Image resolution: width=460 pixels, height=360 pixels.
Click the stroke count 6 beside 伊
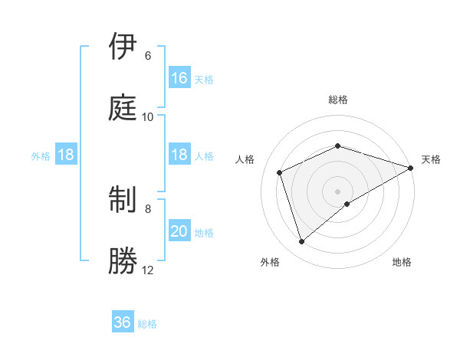tap(148, 56)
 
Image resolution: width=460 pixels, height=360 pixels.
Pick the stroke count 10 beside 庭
tap(148, 116)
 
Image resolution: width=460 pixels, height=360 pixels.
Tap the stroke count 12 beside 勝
tap(148, 270)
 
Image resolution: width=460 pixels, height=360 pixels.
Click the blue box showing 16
tap(179, 78)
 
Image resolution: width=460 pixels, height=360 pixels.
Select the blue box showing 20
tap(179, 231)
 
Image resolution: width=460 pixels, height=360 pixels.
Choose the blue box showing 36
tap(123, 322)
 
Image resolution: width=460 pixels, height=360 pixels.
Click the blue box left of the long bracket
tap(66, 155)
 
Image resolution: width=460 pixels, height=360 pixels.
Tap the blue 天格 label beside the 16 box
tap(204, 79)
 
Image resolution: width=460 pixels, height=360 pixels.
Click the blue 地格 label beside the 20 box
tap(204, 232)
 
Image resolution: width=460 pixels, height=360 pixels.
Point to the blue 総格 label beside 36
tap(147, 323)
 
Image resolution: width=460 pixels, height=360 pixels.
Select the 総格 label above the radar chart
tap(338, 100)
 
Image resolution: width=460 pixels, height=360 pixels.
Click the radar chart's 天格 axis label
tap(431, 159)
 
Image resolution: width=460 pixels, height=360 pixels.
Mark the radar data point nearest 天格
tap(411, 168)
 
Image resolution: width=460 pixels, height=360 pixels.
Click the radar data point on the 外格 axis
tap(302, 241)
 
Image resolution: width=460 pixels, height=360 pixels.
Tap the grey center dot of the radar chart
tap(338, 191)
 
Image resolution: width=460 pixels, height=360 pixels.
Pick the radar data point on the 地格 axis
tap(347, 204)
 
